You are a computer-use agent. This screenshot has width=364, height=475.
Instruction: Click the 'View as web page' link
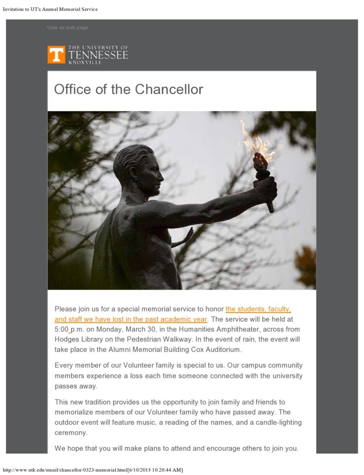point(67,28)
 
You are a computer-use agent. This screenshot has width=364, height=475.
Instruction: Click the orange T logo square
point(56,54)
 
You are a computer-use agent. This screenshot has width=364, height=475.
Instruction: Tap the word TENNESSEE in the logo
point(98,55)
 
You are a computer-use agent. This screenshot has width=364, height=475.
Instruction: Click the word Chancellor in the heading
point(167,89)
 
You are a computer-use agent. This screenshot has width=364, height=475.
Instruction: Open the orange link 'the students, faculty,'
point(258,309)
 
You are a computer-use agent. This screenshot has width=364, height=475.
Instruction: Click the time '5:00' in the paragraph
point(61,329)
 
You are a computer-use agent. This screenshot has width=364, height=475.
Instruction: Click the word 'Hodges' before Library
point(67,339)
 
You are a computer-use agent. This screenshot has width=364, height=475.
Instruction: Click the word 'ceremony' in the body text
point(70,433)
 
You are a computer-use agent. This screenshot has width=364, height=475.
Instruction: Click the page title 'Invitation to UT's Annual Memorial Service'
point(50,9)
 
